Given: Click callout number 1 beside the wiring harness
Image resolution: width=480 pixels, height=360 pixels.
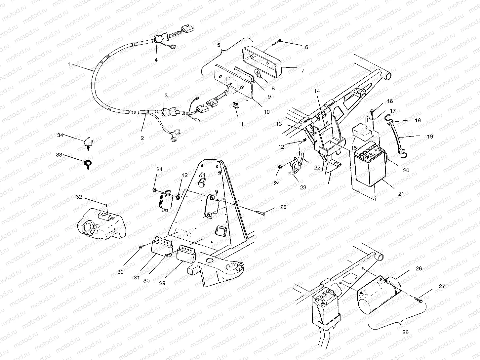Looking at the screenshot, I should (69, 65).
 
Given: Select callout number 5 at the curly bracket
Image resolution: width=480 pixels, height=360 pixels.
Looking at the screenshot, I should (219, 44).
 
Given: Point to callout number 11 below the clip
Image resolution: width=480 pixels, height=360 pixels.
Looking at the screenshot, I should (241, 124).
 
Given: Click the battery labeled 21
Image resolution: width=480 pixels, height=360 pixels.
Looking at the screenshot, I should (369, 169).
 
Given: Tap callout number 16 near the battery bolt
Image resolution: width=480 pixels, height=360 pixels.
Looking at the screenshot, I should (390, 101).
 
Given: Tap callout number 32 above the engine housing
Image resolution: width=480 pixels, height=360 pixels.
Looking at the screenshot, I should (79, 197).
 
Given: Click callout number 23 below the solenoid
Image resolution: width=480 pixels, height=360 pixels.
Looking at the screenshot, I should (303, 187).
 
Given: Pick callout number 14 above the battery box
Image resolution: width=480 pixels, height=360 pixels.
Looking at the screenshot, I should (317, 90).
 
